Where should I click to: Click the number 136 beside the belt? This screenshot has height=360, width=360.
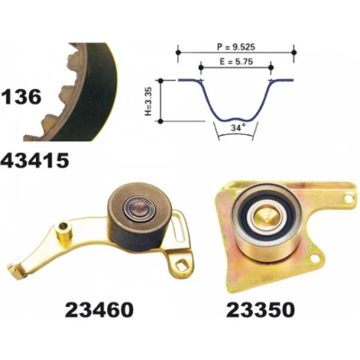(21, 97)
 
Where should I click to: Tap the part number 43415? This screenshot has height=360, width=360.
(35, 161)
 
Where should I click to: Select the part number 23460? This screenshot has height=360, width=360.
(99, 310)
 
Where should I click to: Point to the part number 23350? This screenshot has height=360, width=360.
(260, 310)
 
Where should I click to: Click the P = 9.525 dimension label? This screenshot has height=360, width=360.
(236, 47)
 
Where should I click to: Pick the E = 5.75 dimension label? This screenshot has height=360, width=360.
(236, 62)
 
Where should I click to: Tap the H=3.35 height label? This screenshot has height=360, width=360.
(149, 102)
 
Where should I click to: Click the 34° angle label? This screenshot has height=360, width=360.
(237, 128)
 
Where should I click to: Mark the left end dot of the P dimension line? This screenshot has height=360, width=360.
(178, 53)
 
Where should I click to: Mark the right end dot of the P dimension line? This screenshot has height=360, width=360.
(294, 52)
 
